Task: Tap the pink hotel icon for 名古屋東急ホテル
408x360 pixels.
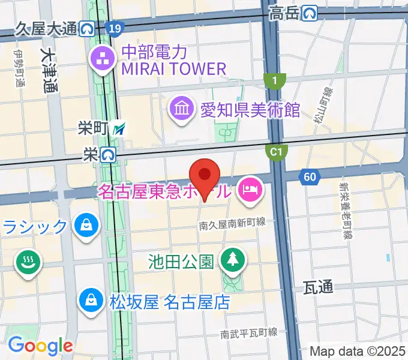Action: coord(248,191)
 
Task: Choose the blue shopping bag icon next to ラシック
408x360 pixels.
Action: coord(85,225)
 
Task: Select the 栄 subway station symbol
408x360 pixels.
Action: coord(109,155)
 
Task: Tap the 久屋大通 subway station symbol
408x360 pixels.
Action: coord(88,28)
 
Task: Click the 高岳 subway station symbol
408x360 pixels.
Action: coord(310,12)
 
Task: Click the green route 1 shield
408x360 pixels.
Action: coord(275,80)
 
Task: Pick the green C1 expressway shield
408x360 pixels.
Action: coord(275,152)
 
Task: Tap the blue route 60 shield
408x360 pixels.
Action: coord(310,176)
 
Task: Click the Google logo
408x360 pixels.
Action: coord(40,346)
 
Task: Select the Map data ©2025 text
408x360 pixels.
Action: coord(358,351)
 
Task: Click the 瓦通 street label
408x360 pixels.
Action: coord(318,288)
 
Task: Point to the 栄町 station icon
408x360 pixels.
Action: coord(122,128)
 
